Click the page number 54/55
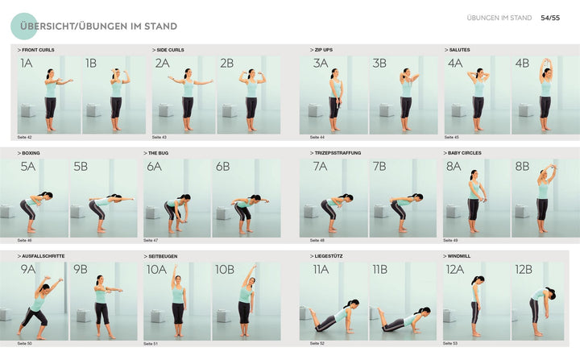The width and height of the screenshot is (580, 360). (551, 18)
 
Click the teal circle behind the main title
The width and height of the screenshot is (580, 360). (27, 27)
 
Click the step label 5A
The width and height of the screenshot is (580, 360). (28, 167)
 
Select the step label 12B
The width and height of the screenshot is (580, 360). (523, 270)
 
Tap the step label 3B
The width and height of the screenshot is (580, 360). (379, 64)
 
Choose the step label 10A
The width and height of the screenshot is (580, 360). (156, 270)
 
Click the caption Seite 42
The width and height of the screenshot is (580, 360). (24, 138)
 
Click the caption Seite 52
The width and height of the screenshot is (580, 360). (317, 344)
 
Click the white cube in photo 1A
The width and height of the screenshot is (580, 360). (29, 110)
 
